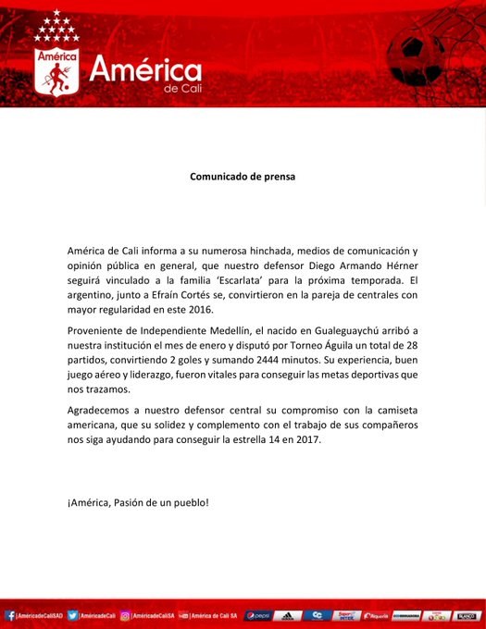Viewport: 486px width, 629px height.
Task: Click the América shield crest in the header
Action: click(56, 70)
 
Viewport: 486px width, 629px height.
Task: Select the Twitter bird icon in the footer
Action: click(74, 615)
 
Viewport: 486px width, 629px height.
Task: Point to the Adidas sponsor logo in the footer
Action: click(288, 615)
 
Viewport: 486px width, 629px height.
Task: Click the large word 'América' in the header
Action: click(144, 70)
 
